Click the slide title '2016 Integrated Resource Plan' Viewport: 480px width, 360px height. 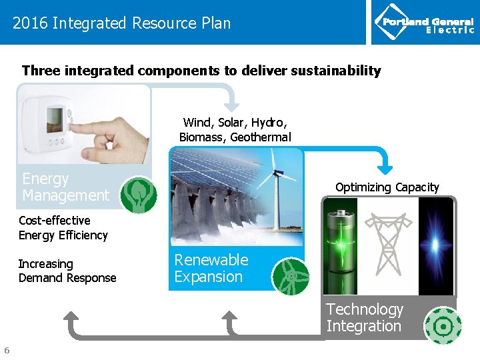121,23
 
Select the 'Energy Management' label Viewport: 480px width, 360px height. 65,187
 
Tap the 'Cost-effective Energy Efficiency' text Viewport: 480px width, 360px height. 63,227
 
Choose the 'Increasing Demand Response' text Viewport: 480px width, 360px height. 67,271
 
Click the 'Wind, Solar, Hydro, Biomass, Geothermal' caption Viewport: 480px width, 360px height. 235,130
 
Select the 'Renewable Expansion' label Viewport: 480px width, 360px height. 211,268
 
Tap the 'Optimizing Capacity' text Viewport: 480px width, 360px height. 387,187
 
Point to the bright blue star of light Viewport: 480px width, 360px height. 437,245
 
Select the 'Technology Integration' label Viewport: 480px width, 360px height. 365,317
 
